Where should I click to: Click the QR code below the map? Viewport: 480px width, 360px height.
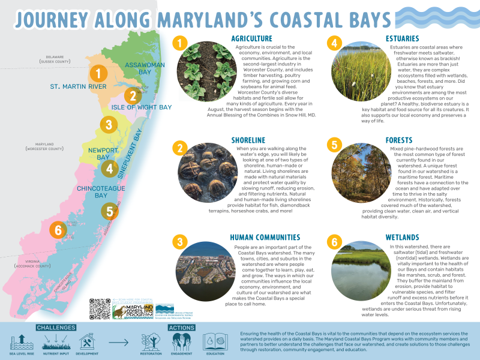(100, 308)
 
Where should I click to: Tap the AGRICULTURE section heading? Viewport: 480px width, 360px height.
(251, 39)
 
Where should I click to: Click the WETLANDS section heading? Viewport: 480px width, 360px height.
(403, 238)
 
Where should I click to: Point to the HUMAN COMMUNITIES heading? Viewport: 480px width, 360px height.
(265, 238)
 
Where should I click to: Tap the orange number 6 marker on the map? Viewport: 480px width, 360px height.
(58, 229)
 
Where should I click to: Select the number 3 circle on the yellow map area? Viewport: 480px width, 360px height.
(108, 125)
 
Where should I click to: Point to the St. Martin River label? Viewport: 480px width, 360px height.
(78, 87)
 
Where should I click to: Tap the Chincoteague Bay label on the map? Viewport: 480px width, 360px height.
(92, 192)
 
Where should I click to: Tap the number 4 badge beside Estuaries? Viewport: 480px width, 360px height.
(335, 43)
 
